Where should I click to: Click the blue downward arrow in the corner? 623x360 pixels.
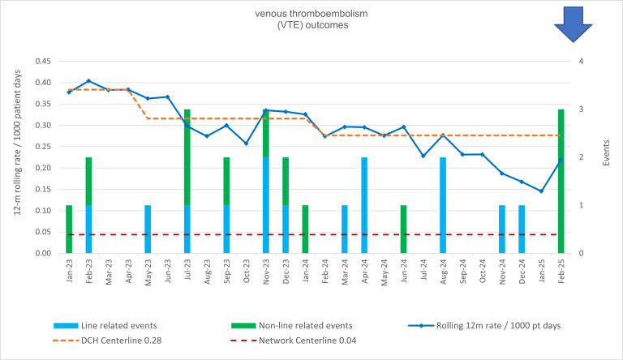(574, 23)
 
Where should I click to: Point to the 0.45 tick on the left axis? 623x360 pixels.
(43, 62)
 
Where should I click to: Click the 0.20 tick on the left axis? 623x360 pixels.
(43, 168)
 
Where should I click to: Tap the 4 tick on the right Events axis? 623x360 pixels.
(583, 62)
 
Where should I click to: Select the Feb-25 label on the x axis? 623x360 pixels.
(561, 270)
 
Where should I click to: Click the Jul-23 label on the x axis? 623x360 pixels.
(187, 270)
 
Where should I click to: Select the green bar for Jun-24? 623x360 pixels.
(403, 229)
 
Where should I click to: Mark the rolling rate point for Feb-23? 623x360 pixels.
(88, 81)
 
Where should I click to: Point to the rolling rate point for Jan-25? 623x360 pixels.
(541, 191)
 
